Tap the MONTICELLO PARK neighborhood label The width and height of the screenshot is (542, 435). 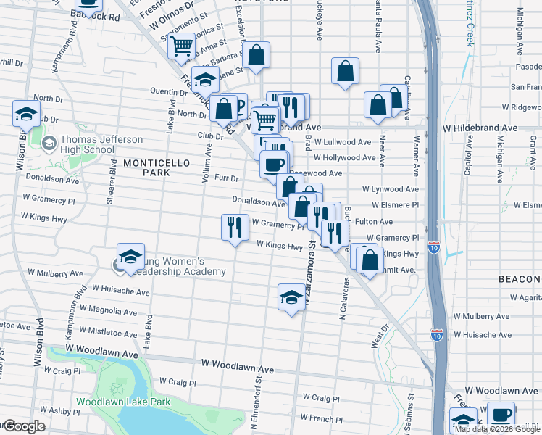(x=146, y=167)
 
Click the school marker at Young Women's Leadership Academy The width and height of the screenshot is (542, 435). (x=130, y=257)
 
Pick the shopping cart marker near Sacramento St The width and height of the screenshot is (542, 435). (x=181, y=47)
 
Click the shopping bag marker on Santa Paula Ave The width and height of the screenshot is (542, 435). (x=346, y=71)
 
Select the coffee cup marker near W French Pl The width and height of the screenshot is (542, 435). (x=501, y=415)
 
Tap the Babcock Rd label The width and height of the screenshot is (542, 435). (x=95, y=14)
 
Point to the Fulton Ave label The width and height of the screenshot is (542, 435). (x=373, y=222)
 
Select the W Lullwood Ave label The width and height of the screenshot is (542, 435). (x=342, y=142)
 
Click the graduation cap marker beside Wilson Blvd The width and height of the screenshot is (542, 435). (x=26, y=114)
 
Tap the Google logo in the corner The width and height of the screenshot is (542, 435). (x=23, y=426)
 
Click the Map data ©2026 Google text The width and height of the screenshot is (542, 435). (x=497, y=429)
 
